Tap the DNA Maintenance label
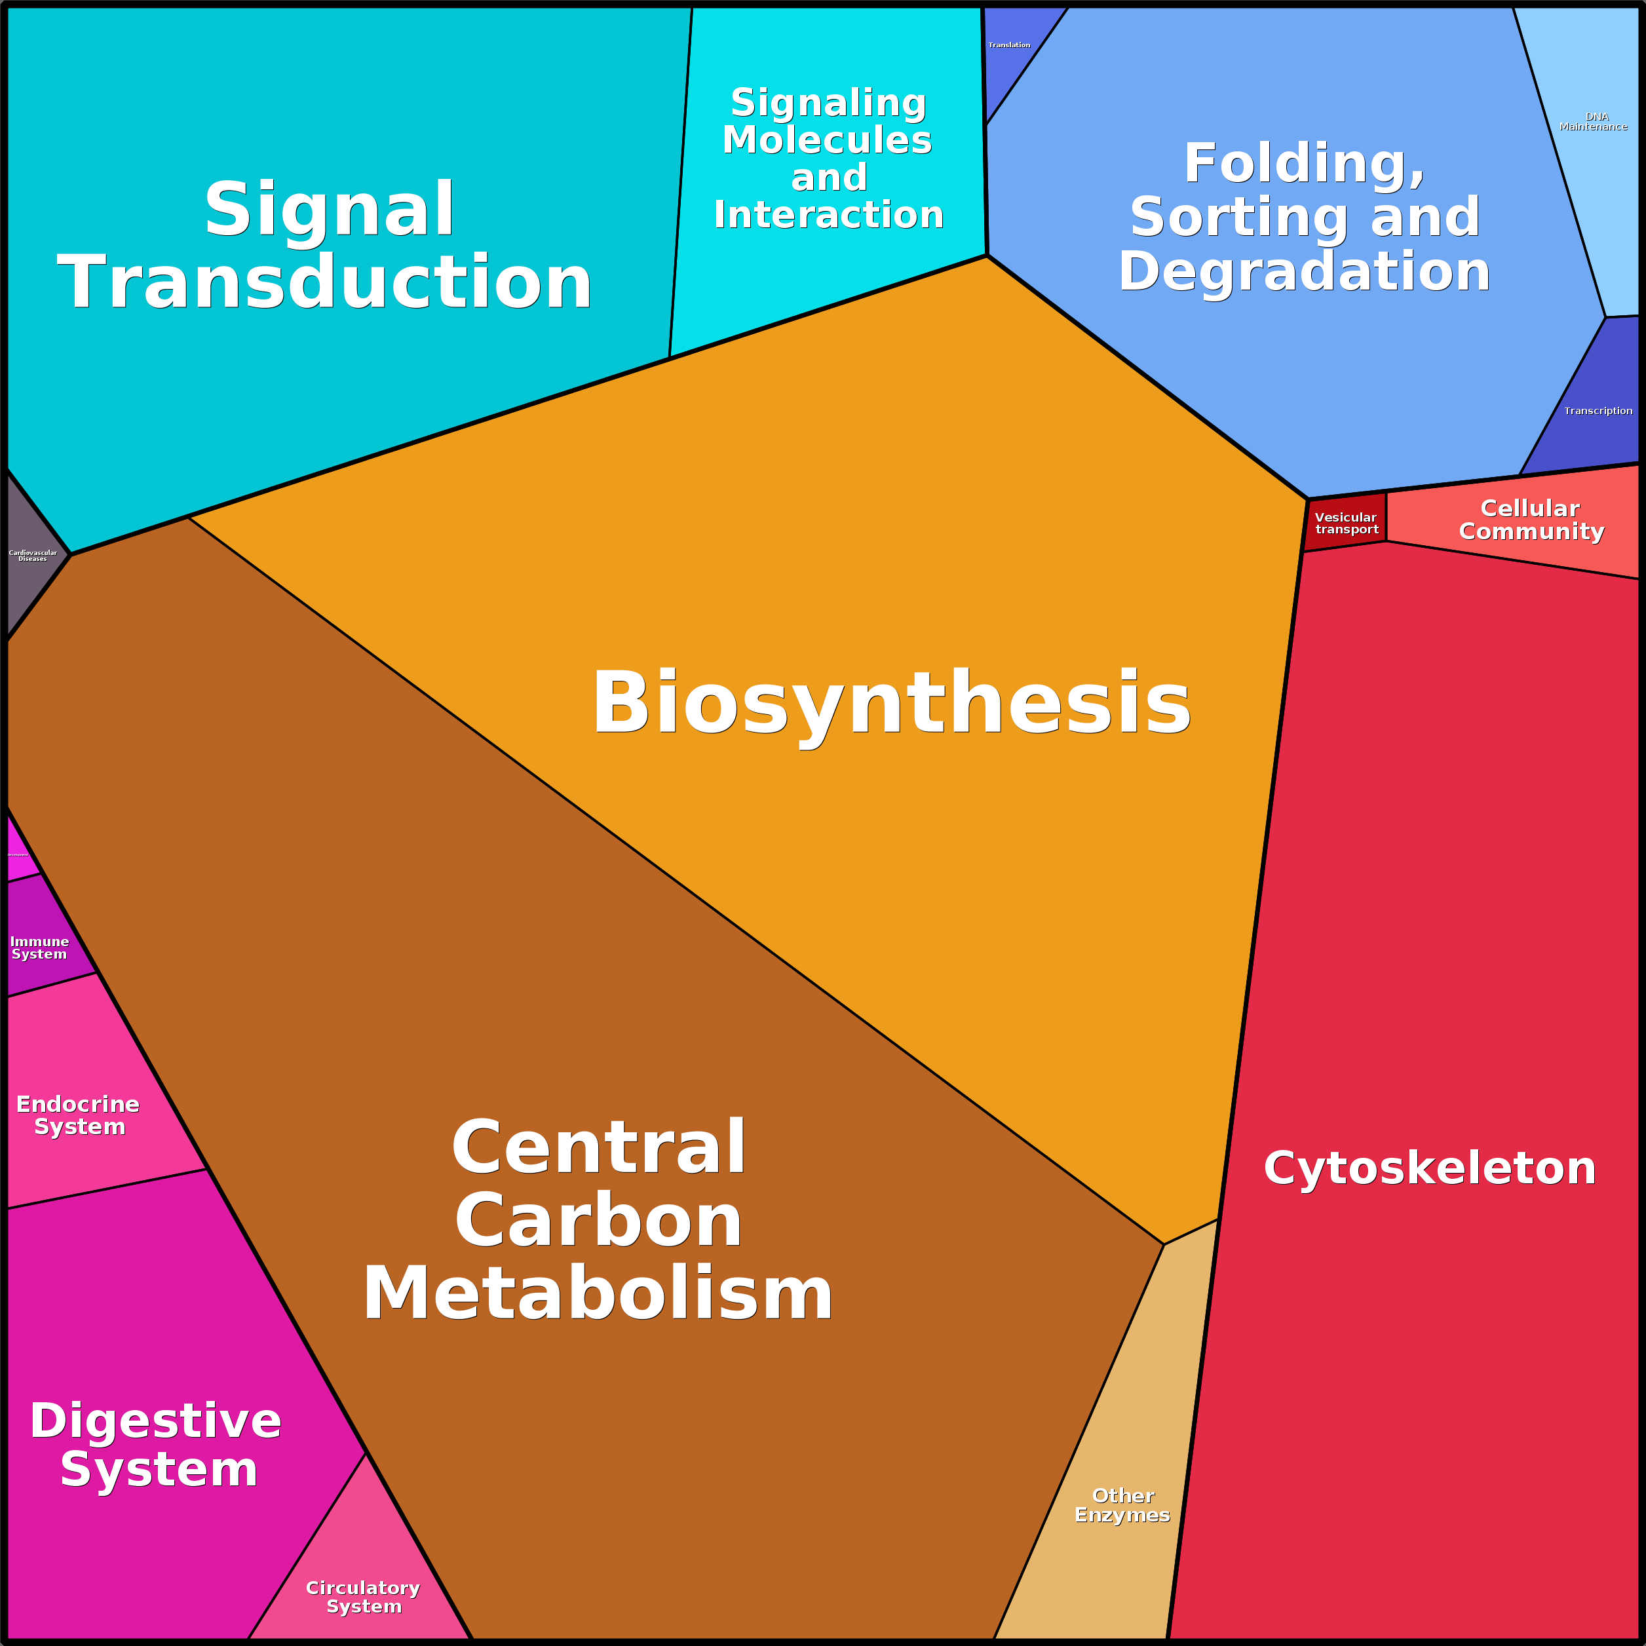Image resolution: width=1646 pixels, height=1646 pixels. pos(1592,122)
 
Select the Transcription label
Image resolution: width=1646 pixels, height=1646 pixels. pos(1598,411)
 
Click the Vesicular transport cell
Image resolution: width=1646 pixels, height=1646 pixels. pos(1346,522)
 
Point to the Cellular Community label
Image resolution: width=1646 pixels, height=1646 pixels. pos(1531,520)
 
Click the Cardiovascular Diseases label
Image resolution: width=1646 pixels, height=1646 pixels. pos(32,556)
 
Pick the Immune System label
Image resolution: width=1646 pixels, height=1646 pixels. pos(39,947)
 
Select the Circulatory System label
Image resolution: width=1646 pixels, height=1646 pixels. pos(363,1597)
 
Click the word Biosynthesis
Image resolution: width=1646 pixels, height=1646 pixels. pos(891,704)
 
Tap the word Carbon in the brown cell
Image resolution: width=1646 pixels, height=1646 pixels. pos(598,1221)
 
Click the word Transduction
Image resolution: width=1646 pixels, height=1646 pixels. pos(324,283)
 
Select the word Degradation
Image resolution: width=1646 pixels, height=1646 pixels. pos(1303,273)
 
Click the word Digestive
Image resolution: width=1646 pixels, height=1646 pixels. pos(156,1421)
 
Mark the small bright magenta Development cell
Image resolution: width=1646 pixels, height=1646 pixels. pos(19,852)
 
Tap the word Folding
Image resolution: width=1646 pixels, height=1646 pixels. pos(1303,164)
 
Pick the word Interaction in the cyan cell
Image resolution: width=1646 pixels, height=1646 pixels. pos(829,216)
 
